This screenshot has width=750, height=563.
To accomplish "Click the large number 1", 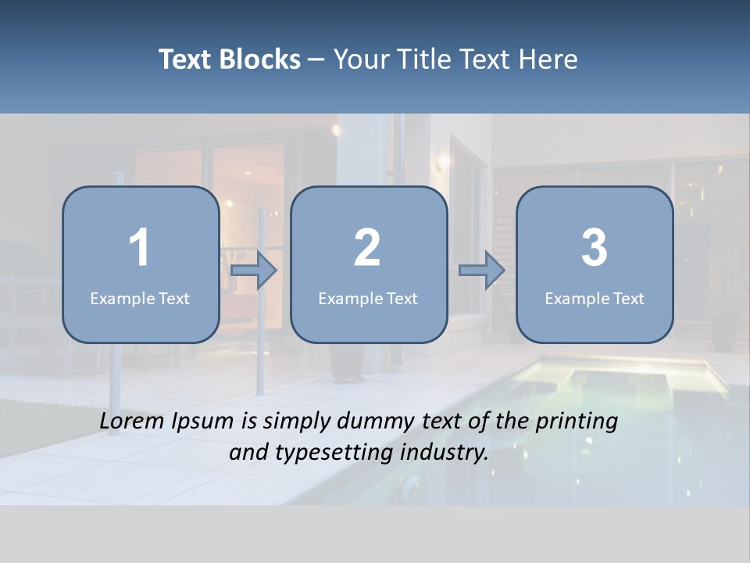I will [x=139, y=248].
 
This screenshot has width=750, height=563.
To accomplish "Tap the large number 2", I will [x=367, y=248].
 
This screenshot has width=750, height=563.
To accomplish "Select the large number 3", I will [x=595, y=248].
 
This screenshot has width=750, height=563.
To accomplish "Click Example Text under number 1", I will [x=140, y=299].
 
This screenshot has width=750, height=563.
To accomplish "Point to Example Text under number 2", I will [x=368, y=299].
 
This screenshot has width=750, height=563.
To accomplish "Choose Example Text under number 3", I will [x=595, y=299].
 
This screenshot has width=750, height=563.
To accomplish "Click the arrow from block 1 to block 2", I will [x=255, y=271].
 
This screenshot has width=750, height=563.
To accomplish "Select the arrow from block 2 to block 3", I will [x=482, y=271].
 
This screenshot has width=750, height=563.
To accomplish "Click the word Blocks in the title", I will [x=260, y=59].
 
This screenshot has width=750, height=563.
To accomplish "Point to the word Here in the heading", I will [x=551, y=59].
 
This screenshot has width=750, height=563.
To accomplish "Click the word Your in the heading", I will [x=356, y=59].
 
